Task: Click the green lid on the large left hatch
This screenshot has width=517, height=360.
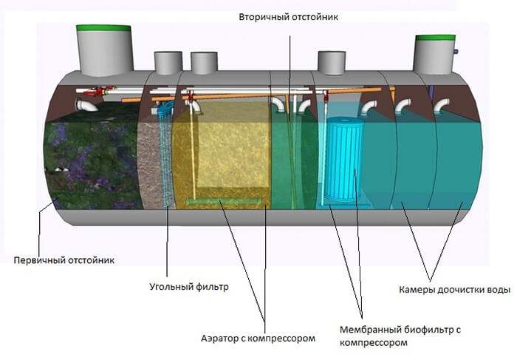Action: click(104, 30)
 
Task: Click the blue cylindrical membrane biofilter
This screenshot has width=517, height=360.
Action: click(343, 160)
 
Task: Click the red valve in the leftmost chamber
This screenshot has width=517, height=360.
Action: click(93, 94)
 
